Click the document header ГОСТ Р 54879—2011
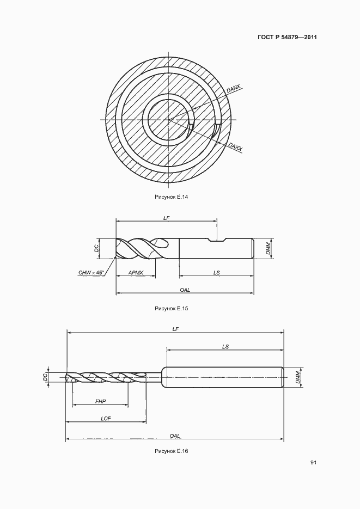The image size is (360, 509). click(x=287, y=37)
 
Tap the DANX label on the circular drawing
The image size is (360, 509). click(x=234, y=88)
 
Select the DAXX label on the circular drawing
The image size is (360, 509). click(x=235, y=147)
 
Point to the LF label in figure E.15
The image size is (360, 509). click(x=167, y=218)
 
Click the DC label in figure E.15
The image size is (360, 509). click(x=96, y=249)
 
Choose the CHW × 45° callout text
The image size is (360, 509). click(x=91, y=273)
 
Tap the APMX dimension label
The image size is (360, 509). click(x=136, y=273)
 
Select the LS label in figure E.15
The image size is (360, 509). click(x=217, y=273)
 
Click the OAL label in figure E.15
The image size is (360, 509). click(x=185, y=290)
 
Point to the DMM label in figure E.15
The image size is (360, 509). click(x=268, y=249)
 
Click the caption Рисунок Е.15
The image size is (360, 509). click(x=172, y=308)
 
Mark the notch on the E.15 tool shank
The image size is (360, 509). click(x=217, y=240)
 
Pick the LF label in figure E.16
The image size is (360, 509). click(x=175, y=329)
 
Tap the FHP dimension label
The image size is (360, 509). click(x=101, y=402)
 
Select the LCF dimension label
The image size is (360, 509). click(x=106, y=419)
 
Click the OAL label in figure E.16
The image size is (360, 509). click(x=175, y=436)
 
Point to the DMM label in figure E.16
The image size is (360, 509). click(x=298, y=377)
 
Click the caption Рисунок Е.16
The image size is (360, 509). click(x=172, y=451)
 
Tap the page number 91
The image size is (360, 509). click(x=314, y=463)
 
